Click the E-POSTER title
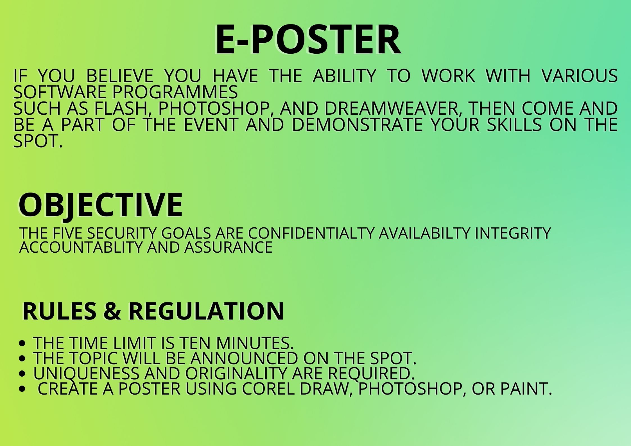click(308, 39)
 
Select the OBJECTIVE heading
click(101, 205)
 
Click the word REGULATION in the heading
click(206, 311)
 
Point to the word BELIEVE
click(119, 76)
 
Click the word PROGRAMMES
click(175, 92)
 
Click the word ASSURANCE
click(229, 247)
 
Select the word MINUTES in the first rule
click(255, 343)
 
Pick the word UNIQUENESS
click(86, 373)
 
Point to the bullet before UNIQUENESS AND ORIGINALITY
click(22, 374)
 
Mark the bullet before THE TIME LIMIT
click(22, 343)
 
